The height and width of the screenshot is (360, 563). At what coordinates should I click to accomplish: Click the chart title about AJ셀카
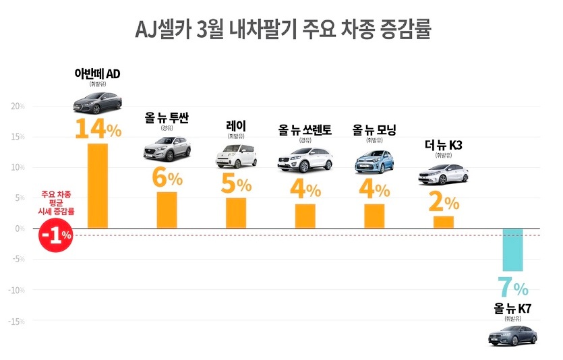[x=283, y=30]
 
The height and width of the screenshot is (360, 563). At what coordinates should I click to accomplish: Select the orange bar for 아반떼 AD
[x=98, y=185]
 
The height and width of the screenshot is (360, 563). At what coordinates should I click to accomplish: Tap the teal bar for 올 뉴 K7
[x=512, y=249]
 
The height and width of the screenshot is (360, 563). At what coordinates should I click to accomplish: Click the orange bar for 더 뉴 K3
[x=444, y=222]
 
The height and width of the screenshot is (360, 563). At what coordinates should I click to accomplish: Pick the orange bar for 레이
[x=236, y=213]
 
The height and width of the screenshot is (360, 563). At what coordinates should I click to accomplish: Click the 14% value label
[x=98, y=128]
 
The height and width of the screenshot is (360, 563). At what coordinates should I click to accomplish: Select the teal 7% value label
[x=513, y=288]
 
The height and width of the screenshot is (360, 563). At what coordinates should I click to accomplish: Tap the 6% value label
[x=167, y=178]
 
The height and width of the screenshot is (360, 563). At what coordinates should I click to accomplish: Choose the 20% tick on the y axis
[x=18, y=106]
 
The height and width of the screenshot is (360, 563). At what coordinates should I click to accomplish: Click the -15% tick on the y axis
[x=16, y=321]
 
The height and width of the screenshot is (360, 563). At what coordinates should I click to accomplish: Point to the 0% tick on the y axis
[x=20, y=229]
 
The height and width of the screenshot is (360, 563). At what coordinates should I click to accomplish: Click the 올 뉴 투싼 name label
[x=167, y=119]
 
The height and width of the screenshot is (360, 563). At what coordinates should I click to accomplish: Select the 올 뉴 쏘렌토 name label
[x=305, y=130]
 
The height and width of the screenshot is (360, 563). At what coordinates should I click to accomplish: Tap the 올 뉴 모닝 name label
[x=374, y=130]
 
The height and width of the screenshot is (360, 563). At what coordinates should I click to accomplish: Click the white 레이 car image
[x=236, y=156]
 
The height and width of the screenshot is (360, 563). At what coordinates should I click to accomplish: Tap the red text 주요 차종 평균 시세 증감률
[x=56, y=202]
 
